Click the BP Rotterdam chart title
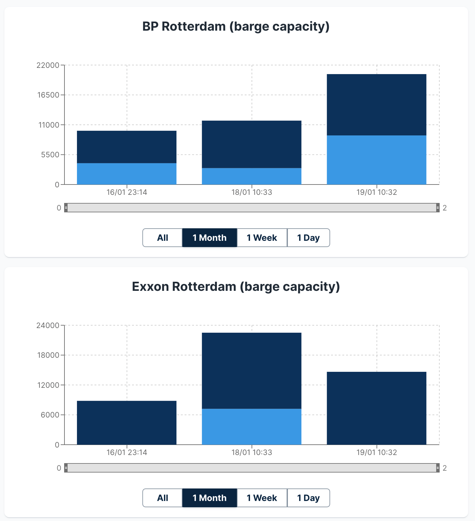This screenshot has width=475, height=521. click(236, 27)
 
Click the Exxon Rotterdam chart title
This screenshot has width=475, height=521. click(236, 287)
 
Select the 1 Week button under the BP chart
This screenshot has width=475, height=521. click(262, 238)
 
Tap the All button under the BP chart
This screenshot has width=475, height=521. click(162, 238)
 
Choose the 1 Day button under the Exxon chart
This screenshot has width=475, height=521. click(308, 498)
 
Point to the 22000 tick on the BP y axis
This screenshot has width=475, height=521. click(48, 65)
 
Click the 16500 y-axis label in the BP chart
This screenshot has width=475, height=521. click(49, 95)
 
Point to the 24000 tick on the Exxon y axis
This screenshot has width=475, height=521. click(48, 326)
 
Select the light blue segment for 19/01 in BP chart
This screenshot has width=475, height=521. click(376, 160)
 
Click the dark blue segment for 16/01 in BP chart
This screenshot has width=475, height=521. click(126, 147)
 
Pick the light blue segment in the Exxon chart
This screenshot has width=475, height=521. click(252, 427)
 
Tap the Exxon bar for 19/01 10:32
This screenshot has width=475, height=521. click(376, 408)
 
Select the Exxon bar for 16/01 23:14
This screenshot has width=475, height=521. click(126, 422)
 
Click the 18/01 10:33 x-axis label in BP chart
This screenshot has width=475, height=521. click(252, 192)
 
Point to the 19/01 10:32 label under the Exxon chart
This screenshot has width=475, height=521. click(376, 453)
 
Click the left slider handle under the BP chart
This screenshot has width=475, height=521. click(66, 208)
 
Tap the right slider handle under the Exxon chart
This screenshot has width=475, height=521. click(437, 468)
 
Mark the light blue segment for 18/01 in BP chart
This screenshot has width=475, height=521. click(252, 176)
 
